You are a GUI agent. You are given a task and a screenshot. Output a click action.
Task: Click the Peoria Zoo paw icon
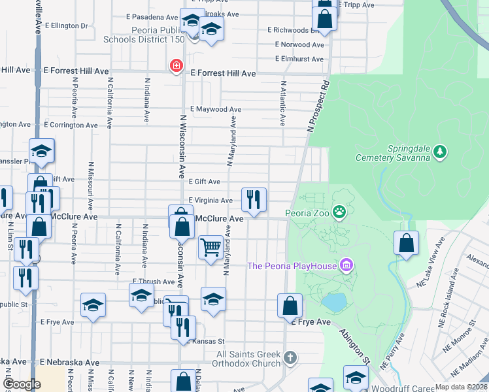(339, 212)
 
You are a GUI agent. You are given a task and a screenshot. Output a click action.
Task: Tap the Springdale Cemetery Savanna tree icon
(441, 152)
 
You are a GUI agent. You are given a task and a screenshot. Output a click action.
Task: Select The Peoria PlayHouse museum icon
(346, 265)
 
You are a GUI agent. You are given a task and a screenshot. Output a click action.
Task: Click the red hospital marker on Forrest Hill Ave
(175, 65)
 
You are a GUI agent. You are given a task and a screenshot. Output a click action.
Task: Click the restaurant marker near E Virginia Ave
(254, 199)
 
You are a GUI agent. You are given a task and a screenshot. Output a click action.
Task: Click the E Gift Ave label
(204, 182)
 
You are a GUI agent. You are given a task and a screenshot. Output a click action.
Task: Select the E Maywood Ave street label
(216, 109)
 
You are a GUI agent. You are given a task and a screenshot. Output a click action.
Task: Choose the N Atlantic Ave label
(283, 103)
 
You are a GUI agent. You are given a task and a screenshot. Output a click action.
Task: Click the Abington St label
(354, 342)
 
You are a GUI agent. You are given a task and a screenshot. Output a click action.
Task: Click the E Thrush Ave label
(154, 282)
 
